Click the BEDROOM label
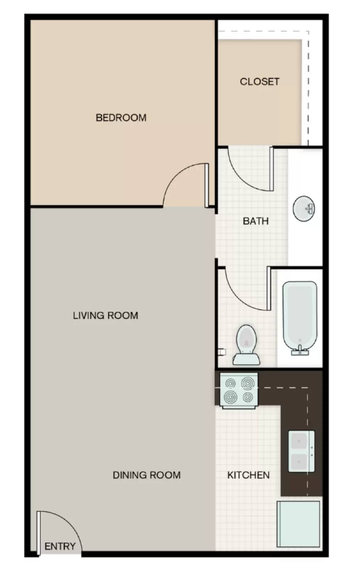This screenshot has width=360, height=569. pos(121,118)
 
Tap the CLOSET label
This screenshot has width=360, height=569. pos(259,82)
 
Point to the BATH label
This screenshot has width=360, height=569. pos(256,221)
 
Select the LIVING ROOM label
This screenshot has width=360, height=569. pos(106,315)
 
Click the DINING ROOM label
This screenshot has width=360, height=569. pos(146,475)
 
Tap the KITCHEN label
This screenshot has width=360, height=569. pos(248,475)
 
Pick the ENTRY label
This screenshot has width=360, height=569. pos(60,546)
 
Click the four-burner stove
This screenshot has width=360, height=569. pos(239,390)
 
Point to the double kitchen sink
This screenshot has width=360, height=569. pos(301,451)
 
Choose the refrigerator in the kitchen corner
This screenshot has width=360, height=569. pos(299,524)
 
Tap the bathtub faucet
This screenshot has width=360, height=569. pos(300,351)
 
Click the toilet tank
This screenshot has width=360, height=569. pos(246,359)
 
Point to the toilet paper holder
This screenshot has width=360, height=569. pos(222,352)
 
